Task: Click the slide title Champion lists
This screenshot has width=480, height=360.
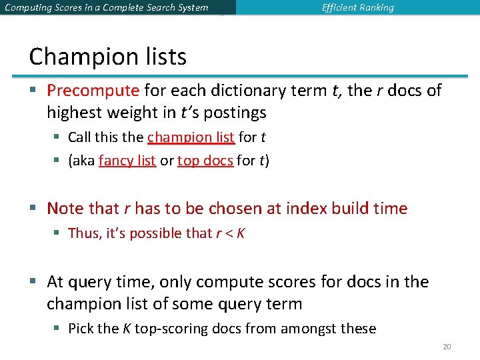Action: coord(107,57)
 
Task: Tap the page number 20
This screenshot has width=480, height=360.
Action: coord(447,347)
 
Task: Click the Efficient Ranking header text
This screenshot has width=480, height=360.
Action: coord(357,8)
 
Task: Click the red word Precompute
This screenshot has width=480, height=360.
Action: coord(93,91)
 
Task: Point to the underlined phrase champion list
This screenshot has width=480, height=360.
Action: coord(191,137)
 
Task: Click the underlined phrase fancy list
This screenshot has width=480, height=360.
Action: coord(127,161)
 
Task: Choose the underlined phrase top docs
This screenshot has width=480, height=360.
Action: coord(205,161)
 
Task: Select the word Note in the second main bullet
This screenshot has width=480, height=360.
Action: coord(65,209)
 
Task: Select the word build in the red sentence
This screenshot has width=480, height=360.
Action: coord(347,209)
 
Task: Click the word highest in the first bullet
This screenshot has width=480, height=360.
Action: coord(72,113)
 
